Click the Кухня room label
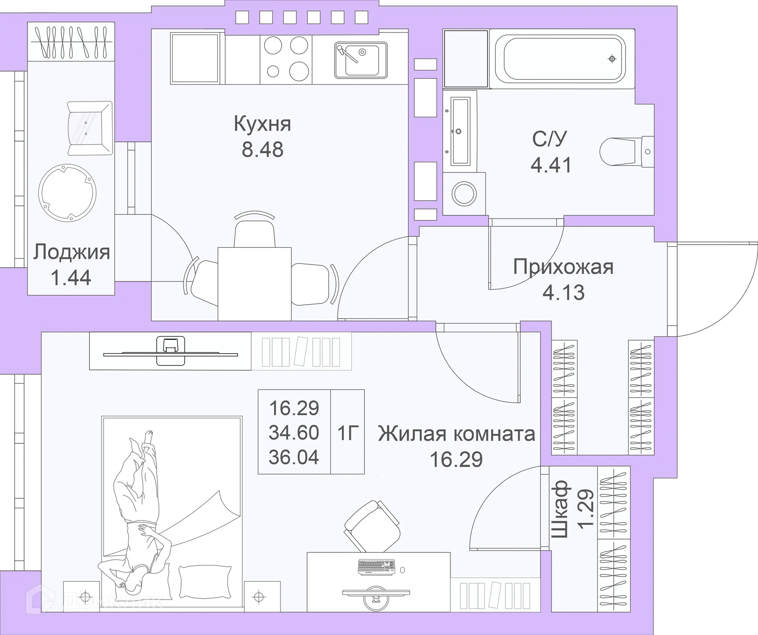262,124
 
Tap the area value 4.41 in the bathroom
551,165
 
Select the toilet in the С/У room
626,151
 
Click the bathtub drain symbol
612,59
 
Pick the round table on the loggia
68,193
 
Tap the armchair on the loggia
89,128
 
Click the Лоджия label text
71,252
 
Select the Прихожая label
563,267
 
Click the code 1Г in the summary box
348,433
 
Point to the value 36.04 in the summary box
294,457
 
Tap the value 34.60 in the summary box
294,433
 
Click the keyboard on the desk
376,567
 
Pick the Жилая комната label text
456,434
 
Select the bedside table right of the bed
262,597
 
